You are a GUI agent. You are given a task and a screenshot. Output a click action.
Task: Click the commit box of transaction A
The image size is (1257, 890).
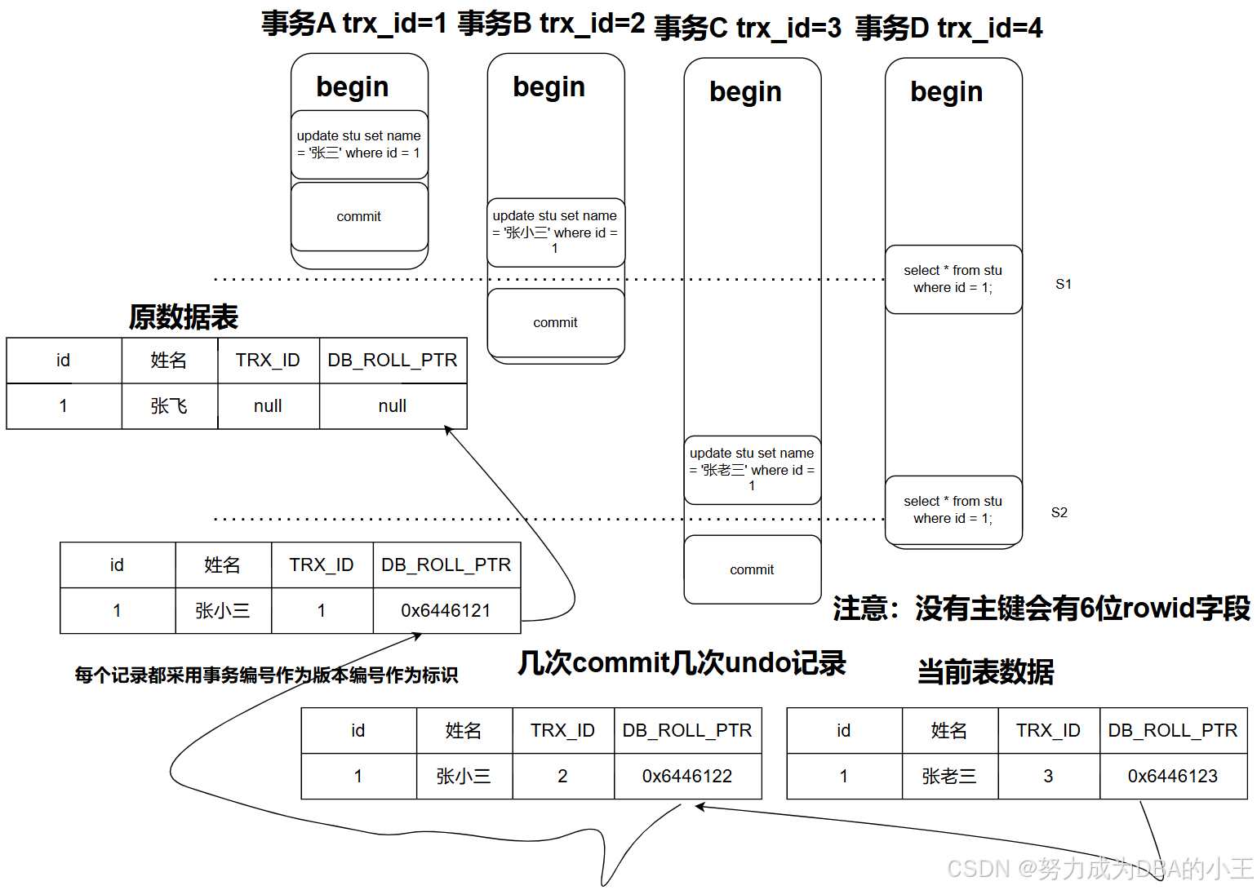[359, 216]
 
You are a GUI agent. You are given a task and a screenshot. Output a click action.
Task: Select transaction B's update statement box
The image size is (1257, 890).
[555, 232]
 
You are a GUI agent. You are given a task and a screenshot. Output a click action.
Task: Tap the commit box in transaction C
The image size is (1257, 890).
[752, 569]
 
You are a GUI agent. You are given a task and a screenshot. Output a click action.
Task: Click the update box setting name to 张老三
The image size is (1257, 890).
[752, 470]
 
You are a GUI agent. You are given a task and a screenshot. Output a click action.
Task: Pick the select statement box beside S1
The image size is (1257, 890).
[953, 279]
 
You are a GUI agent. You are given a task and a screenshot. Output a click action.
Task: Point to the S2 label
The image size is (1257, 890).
[1059, 512]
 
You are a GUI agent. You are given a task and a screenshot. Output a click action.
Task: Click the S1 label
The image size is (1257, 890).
[1063, 284]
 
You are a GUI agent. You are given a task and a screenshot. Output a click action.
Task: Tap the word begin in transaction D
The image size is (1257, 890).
[946, 92]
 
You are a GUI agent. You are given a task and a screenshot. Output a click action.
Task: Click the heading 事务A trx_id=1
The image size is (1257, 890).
[354, 23]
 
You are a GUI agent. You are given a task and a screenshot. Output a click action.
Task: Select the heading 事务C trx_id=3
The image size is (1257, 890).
[747, 28]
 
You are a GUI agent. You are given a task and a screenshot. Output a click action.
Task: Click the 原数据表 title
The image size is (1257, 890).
[183, 317]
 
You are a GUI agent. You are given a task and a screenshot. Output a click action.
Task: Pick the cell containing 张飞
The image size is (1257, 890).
[169, 406]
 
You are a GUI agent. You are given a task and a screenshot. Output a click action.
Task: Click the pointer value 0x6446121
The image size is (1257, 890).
[446, 610]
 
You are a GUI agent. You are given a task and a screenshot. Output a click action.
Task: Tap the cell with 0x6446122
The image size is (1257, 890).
[686, 776]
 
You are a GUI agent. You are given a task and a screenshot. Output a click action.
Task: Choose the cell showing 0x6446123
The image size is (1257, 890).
[1172, 776]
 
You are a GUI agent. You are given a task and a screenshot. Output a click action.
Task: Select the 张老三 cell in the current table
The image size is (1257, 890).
[949, 776]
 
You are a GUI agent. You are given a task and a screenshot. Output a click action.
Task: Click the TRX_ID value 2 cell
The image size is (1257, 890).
[562, 776]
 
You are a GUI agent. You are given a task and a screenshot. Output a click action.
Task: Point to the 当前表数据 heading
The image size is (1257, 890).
[985, 671]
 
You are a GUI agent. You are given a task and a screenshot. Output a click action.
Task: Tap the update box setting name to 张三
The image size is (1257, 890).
[359, 144]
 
